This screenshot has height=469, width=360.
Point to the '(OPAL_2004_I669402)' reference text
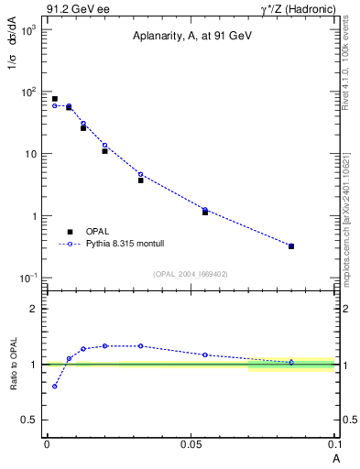click(x=191, y=274)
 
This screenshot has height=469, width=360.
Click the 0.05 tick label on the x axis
click(x=191, y=444)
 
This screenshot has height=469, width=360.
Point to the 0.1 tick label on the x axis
click(x=335, y=444)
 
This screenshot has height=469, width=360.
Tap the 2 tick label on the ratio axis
click(x=35, y=309)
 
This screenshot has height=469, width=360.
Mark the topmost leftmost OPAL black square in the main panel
click(x=55, y=99)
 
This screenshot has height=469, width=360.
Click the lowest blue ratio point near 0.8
click(x=55, y=386)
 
